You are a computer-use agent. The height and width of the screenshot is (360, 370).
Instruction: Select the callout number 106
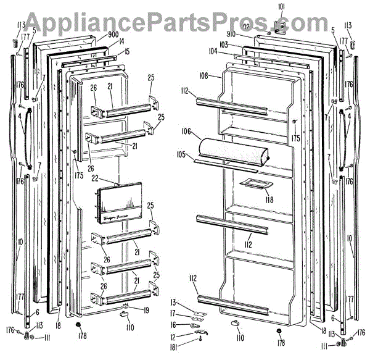click(x=187, y=132)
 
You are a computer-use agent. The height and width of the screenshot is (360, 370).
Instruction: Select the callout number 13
click(x=174, y=301)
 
